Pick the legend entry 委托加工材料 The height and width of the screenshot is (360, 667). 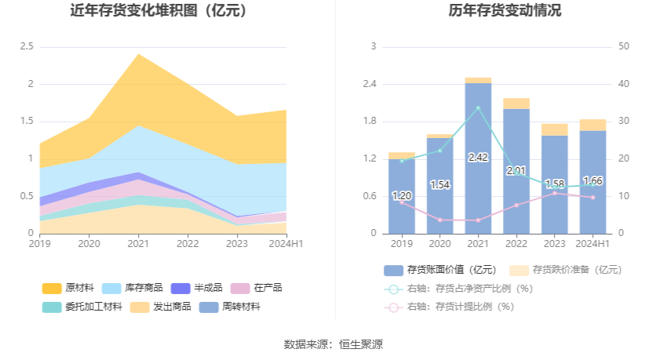click(82, 307)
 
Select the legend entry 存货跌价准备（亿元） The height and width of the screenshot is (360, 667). click(566, 270)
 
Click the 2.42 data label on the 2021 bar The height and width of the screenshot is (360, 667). click(478, 158)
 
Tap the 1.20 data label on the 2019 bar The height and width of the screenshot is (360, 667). click(402, 195)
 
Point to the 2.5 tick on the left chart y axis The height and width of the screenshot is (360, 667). click(27, 47)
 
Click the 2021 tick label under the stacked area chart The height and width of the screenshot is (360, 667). click(138, 244)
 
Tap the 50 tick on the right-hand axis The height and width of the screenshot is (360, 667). click(624, 47)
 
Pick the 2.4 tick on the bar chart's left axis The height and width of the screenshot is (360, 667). click(369, 84)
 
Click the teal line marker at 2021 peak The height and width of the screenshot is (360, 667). click(478, 107)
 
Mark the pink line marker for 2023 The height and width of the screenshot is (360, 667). click(555, 193)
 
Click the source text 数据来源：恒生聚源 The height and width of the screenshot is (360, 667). click(333, 344)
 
